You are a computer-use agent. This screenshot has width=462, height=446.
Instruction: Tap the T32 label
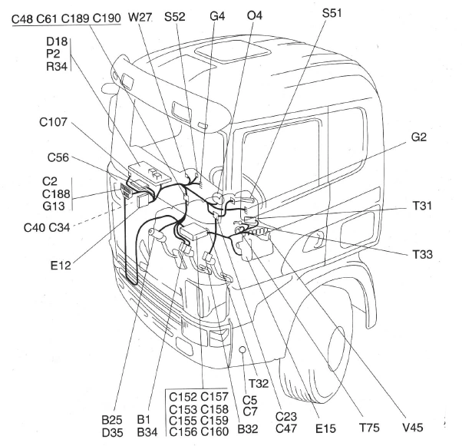coord(259,382)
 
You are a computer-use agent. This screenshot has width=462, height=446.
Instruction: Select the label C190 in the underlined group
coord(107,17)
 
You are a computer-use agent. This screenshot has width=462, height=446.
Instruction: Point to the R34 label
coord(58,65)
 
